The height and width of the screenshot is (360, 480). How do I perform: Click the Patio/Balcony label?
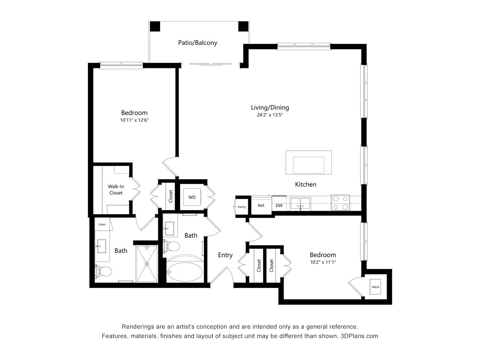(197, 43)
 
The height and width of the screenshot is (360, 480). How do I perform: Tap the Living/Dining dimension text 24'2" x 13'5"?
(270, 115)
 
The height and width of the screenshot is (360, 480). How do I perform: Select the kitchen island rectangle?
(309, 162)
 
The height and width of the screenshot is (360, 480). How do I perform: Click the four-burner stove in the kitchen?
(340, 202)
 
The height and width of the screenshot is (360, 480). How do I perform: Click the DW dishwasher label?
(279, 205)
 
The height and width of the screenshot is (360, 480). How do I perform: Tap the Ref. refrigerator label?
(261, 205)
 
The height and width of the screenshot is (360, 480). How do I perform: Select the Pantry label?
(242, 207)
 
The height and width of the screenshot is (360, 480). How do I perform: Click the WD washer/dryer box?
(192, 197)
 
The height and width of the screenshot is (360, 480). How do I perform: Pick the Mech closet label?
(375, 287)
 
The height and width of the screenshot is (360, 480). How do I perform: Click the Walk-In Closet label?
(116, 190)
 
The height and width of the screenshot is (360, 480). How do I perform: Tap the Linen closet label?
(102, 225)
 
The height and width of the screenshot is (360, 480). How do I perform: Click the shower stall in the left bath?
(147, 264)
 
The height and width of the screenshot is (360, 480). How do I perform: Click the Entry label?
(225, 255)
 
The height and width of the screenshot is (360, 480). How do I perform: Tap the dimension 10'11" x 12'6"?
(134, 120)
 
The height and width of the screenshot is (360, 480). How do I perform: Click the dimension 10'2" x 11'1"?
(322, 262)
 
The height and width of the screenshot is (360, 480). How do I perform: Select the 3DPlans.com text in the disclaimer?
(359, 336)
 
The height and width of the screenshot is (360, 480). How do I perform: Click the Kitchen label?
(306, 184)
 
